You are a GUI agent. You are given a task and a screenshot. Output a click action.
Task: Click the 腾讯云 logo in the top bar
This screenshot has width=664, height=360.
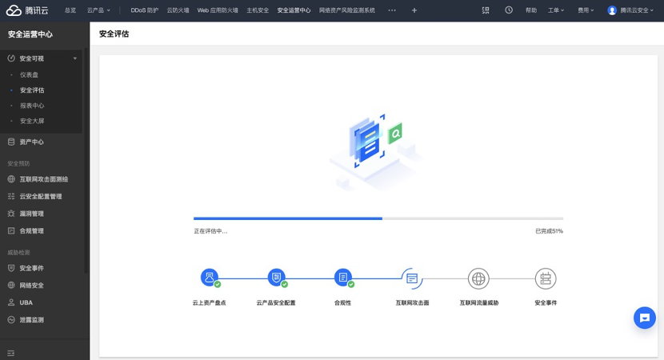click(x=27, y=10)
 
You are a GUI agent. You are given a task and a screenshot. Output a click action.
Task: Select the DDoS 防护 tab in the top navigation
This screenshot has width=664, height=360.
click(x=145, y=10)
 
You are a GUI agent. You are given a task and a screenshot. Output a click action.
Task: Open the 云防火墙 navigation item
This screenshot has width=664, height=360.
click(x=178, y=10)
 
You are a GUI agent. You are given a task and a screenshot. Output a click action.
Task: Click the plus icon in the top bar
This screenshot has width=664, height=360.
click(x=414, y=10)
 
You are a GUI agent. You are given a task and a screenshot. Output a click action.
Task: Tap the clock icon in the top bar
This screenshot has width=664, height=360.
click(x=509, y=10)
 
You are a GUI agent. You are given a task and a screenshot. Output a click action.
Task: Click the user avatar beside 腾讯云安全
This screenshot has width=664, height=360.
click(x=611, y=10)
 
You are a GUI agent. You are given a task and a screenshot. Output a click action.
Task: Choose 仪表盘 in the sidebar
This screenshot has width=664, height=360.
click(x=30, y=74)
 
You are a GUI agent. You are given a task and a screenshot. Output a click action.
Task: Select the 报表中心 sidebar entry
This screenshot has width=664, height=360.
click(x=32, y=106)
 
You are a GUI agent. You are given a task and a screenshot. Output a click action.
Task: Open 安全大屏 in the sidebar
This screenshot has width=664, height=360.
click(x=32, y=121)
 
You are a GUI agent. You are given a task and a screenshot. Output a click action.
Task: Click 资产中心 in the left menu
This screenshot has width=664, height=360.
click(x=31, y=142)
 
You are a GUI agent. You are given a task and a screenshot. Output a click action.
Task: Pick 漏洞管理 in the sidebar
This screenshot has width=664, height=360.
click(x=31, y=214)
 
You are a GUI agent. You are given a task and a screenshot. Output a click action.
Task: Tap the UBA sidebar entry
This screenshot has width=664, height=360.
click(x=26, y=302)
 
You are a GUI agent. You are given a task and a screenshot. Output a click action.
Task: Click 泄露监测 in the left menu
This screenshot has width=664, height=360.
click(x=31, y=320)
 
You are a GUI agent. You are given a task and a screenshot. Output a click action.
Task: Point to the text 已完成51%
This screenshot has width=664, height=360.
click(x=550, y=231)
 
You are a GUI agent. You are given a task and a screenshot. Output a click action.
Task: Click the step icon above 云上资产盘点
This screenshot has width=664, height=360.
click(x=210, y=278)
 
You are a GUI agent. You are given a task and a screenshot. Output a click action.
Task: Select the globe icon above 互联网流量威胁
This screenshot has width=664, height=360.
click(x=478, y=278)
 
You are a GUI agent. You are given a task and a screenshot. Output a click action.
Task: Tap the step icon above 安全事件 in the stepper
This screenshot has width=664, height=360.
click(x=546, y=278)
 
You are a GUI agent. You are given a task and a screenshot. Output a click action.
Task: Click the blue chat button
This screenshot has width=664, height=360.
click(x=645, y=318)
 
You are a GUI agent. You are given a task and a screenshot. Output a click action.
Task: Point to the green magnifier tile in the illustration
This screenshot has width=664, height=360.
click(x=395, y=134)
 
